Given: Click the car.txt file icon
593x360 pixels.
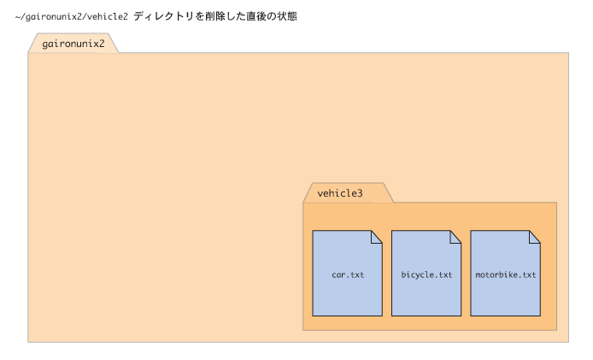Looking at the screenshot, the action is click(347, 273).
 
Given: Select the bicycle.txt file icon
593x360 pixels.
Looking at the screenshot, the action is click(426, 273).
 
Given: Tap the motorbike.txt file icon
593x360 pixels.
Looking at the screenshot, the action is click(505, 273).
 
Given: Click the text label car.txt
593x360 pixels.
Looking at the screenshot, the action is click(348, 274).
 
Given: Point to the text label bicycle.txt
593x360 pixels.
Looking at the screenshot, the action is click(426, 274).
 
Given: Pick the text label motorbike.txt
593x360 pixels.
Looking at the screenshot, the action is click(506, 274).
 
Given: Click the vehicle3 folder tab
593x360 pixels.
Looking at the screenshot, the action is click(349, 192).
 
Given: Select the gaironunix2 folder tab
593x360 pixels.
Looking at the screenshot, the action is click(73, 43).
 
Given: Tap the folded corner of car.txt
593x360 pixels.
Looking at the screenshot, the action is click(377, 237).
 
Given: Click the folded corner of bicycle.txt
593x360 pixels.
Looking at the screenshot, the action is click(455, 237).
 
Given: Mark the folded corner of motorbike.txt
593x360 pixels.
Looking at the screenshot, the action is click(535, 237).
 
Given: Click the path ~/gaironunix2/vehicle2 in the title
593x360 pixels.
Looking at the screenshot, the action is click(72, 16).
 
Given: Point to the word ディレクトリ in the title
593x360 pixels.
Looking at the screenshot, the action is click(164, 16).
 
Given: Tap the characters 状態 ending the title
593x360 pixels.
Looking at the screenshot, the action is click(287, 16).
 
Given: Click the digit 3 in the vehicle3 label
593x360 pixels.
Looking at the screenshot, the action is click(360, 193).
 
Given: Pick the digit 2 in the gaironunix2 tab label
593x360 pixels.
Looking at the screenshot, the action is click(102, 44).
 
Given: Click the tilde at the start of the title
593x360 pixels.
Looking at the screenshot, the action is click(18, 16).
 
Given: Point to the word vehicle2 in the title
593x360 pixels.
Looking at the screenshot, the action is click(108, 16).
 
